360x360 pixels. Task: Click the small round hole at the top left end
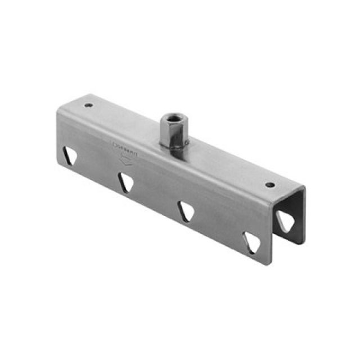(x=88, y=105)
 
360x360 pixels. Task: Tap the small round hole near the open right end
(x=271, y=184)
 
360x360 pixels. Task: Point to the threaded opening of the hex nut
(x=170, y=118)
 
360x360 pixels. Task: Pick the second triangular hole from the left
(x=126, y=182)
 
